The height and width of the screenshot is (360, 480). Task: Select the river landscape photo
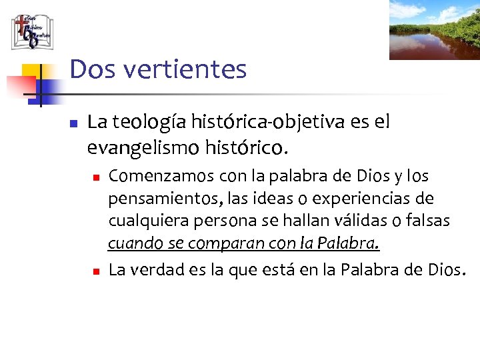(434, 29)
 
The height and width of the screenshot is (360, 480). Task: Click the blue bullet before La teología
(74, 124)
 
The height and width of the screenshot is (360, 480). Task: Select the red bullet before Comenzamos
(95, 178)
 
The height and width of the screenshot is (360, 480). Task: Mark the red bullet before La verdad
(95, 271)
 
